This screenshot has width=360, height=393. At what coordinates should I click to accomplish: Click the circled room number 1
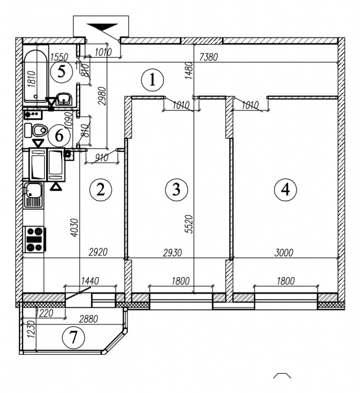coord(152,80)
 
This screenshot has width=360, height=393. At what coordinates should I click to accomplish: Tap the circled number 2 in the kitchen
coord(100,190)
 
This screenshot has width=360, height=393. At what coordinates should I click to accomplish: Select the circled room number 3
coord(176,190)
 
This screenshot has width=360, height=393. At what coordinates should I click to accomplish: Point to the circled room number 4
coord(285,190)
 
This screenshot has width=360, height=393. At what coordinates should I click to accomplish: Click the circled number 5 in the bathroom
coord(61,72)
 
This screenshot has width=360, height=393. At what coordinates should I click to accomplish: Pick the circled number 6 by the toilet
coord(59,136)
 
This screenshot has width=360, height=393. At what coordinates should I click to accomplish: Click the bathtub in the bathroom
coord(35,76)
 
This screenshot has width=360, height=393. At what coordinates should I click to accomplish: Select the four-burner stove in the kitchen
coord(35,239)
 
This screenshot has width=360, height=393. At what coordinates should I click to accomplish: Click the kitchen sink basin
coord(33,195)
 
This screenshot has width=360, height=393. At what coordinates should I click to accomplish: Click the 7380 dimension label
coord(208,57)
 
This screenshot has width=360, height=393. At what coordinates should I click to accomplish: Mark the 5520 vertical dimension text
coord(190,225)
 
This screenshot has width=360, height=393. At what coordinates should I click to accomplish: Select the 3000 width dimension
coord(284,253)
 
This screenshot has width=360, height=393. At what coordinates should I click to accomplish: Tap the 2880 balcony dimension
coord(89,319)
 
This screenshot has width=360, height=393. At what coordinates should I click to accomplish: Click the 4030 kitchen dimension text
coord(75,228)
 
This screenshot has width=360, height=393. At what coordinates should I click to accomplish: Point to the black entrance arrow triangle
coord(103,26)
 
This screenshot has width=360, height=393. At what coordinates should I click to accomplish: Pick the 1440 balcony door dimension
coord(90,281)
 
